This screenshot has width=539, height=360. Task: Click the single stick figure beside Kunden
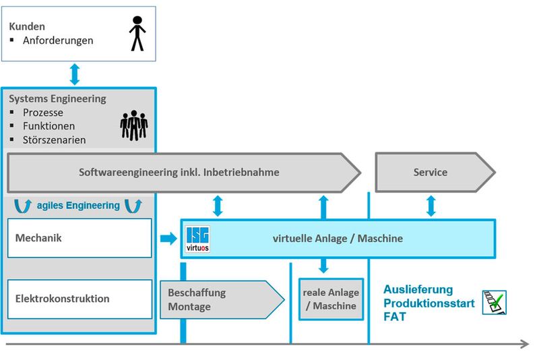[x=137, y=34]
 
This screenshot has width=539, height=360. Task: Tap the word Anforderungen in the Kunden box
[x=58, y=40]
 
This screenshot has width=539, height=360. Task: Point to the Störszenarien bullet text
[x=53, y=140]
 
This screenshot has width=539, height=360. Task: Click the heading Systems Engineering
[x=57, y=98]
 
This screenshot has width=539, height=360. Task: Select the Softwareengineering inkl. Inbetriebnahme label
[x=179, y=173]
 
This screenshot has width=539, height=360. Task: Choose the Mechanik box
[x=80, y=237]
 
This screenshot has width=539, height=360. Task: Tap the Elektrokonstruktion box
[x=80, y=299]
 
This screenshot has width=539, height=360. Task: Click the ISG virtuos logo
[x=196, y=238]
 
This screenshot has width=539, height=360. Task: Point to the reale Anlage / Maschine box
[x=331, y=299]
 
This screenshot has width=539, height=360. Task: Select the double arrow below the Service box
[x=431, y=205]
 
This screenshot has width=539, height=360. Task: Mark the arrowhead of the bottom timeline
[x=524, y=344]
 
